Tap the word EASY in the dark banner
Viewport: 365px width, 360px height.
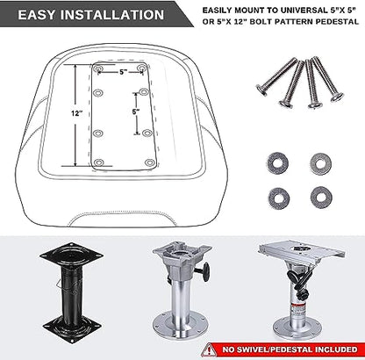point(37,15)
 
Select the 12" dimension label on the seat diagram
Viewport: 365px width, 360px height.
point(76,113)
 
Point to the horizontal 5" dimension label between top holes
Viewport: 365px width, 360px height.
point(124,72)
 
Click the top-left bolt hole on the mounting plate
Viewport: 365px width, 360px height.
point(98,68)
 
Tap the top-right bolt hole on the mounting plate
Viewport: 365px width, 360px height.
point(142,68)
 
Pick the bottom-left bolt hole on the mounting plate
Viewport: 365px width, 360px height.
point(99,162)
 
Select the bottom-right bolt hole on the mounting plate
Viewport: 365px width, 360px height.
point(150,162)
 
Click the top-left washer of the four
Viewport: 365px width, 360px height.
point(277,163)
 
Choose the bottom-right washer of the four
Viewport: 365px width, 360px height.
point(321,197)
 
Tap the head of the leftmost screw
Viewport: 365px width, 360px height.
point(261,90)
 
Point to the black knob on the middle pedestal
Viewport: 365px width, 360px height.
point(206,272)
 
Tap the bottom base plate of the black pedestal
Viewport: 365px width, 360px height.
point(71,327)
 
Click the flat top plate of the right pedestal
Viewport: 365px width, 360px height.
point(302,251)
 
